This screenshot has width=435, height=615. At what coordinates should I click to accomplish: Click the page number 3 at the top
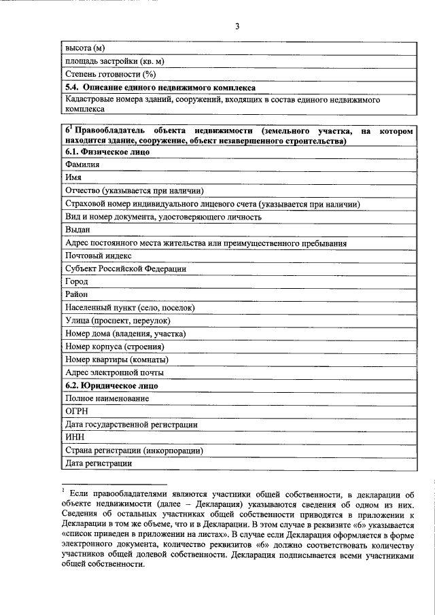coord(237,27)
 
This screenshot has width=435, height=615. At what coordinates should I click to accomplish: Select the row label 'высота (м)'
coord(85,49)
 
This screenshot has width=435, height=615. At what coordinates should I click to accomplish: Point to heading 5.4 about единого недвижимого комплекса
coord(160,88)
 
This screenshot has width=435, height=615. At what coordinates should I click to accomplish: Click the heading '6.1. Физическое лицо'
coord(107,152)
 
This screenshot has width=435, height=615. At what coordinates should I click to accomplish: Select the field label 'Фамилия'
coord(82,165)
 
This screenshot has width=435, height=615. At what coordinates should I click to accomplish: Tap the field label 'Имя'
coord(73,178)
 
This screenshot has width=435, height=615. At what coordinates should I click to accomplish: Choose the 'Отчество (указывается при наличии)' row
coord(134,191)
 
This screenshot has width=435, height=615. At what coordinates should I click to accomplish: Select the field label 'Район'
coord(77,294)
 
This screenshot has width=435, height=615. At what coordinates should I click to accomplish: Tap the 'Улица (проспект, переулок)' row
coord(118,321)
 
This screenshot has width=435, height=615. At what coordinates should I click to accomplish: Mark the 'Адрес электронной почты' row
coord(114,372)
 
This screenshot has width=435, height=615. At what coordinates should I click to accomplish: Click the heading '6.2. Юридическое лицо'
coord(111,385)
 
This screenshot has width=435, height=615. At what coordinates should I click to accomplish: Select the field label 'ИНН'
coord(74,437)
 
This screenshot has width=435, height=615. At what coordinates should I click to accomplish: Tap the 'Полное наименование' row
coord(107,398)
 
